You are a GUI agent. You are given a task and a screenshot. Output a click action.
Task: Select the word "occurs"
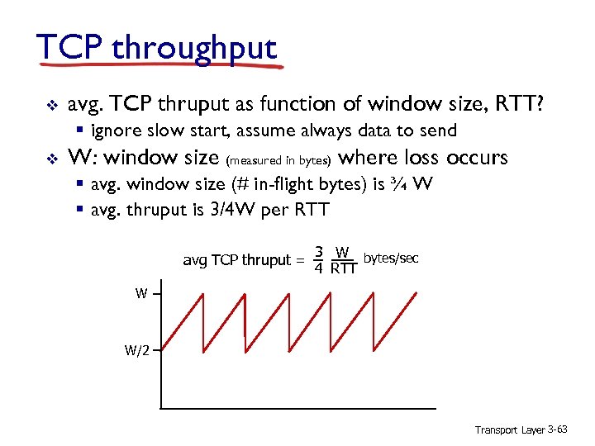477,157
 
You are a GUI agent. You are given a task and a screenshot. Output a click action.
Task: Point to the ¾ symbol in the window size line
398,183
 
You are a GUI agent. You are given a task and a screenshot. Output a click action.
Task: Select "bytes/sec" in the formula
391,259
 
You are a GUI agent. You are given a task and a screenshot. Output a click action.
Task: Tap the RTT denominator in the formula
342,268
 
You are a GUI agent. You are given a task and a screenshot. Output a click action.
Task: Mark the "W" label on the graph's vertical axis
142,293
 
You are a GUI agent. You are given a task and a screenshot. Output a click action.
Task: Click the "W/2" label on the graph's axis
136,350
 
